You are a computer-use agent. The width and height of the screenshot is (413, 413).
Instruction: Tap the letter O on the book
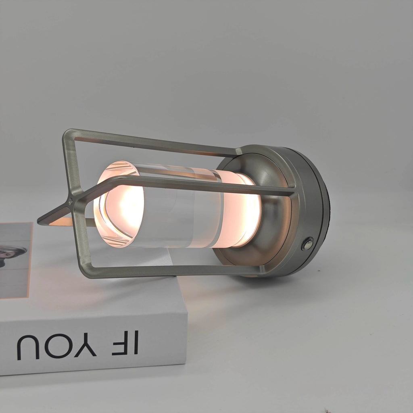(59, 345)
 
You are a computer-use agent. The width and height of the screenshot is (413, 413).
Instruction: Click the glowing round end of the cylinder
(119, 204)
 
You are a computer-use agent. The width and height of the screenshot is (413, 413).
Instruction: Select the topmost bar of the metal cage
(153, 142)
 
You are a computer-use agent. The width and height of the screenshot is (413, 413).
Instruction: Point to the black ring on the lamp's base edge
(327, 210)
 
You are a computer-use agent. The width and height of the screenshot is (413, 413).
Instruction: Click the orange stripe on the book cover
(29, 262)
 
